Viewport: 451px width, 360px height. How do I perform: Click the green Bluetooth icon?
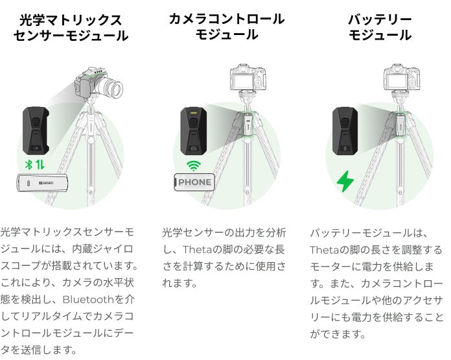pos(29,165)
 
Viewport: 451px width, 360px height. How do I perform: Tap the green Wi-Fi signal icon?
pos(194,165)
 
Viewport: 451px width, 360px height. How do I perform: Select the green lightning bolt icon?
pos(345,181)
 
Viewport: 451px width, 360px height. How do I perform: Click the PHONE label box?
pos(194,182)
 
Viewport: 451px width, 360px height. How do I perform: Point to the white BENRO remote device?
pos(43,183)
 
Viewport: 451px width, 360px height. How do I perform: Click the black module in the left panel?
pos(36,131)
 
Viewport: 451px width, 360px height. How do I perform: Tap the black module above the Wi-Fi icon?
pos(194,131)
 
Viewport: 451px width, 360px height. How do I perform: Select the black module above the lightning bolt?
pos(345,131)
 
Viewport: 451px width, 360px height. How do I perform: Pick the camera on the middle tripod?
pos(248,78)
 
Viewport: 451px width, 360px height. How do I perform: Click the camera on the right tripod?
pos(402,78)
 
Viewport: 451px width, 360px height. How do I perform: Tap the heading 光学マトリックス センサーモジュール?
pos(71,28)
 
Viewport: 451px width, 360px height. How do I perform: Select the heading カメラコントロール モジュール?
pos(227,27)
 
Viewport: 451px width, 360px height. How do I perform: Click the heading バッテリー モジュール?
pos(380,27)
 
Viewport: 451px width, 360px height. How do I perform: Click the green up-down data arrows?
pos(40,165)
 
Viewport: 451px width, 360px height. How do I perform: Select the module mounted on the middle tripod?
pos(248,124)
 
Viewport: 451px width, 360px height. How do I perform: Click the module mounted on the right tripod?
pos(402,124)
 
